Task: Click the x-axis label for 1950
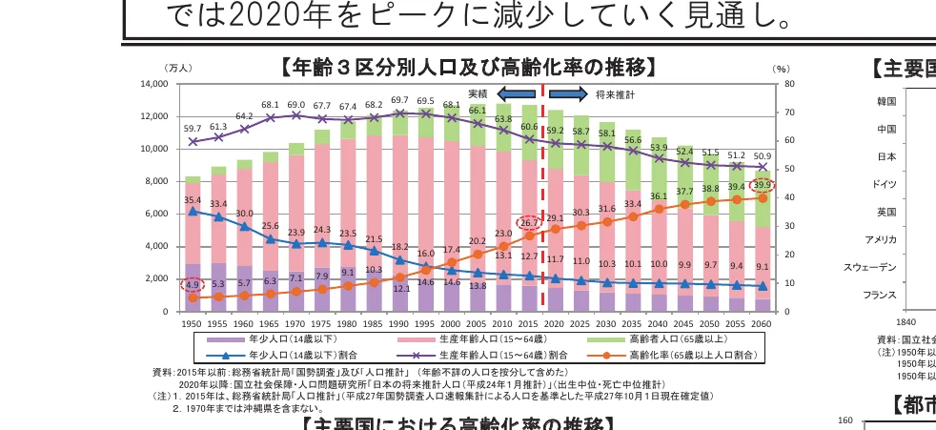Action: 193,324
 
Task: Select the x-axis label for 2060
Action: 762,324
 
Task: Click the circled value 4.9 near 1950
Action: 193,284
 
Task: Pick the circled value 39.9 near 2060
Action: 762,185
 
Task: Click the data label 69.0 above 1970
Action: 296,105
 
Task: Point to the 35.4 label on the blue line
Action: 193,200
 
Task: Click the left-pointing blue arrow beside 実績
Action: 516,94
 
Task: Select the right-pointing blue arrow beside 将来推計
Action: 568,94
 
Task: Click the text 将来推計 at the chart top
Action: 615,94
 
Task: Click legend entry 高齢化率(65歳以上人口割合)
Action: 678,355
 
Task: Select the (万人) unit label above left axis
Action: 178,69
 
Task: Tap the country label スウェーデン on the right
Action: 869,267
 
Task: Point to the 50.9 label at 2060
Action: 762,155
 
